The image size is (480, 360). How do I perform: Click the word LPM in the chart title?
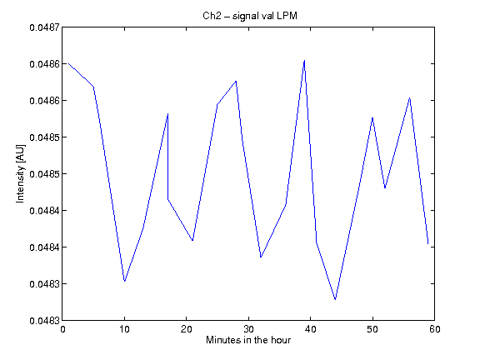pos(287,16)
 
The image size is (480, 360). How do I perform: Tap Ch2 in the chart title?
pos(212,16)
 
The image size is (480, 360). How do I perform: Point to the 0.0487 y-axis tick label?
pos(44,27)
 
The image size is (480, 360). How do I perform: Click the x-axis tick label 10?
pos(124,329)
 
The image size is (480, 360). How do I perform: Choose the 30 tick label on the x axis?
pos(248,329)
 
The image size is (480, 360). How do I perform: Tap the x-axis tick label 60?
pos(435,329)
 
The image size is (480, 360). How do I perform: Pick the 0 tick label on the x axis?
pos(62,329)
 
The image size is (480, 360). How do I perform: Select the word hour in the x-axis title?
pos(281,340)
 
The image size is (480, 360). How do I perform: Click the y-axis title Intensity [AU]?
pos(20,173)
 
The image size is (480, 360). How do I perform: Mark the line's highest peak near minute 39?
pos(304,61)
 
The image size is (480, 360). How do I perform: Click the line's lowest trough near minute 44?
pos(336,299)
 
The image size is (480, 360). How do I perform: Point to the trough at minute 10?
pos(124,281)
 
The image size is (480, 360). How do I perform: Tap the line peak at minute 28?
pos(236,81)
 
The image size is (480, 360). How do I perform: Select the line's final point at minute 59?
pos(428,243)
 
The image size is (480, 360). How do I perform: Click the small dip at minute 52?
pos(385,187)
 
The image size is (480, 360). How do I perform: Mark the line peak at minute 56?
pos(410,98)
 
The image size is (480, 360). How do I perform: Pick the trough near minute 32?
pos(261,257)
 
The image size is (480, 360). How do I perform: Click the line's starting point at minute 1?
pos(68,63)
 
